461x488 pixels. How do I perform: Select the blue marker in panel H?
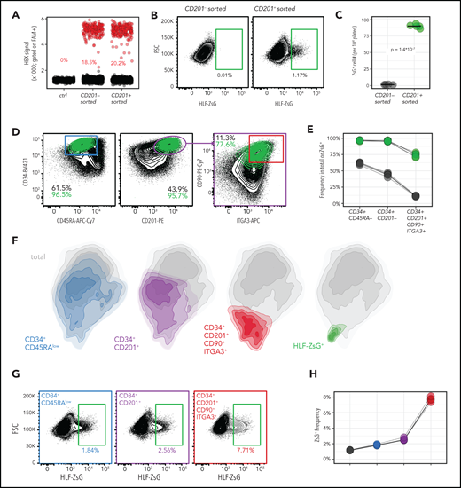(x=377, y=444)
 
